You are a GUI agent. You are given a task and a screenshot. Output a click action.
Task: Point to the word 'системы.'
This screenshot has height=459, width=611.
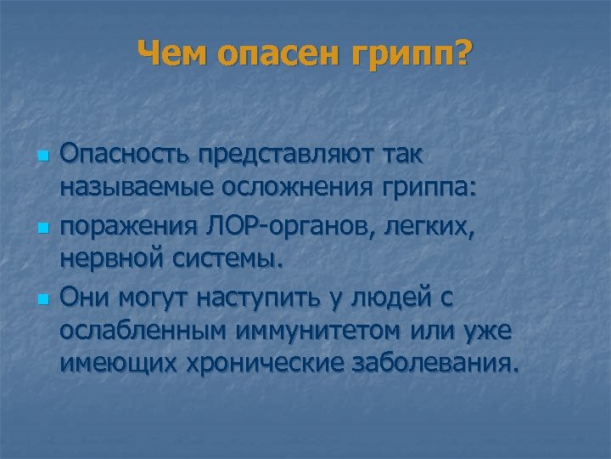tap(222, 261)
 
